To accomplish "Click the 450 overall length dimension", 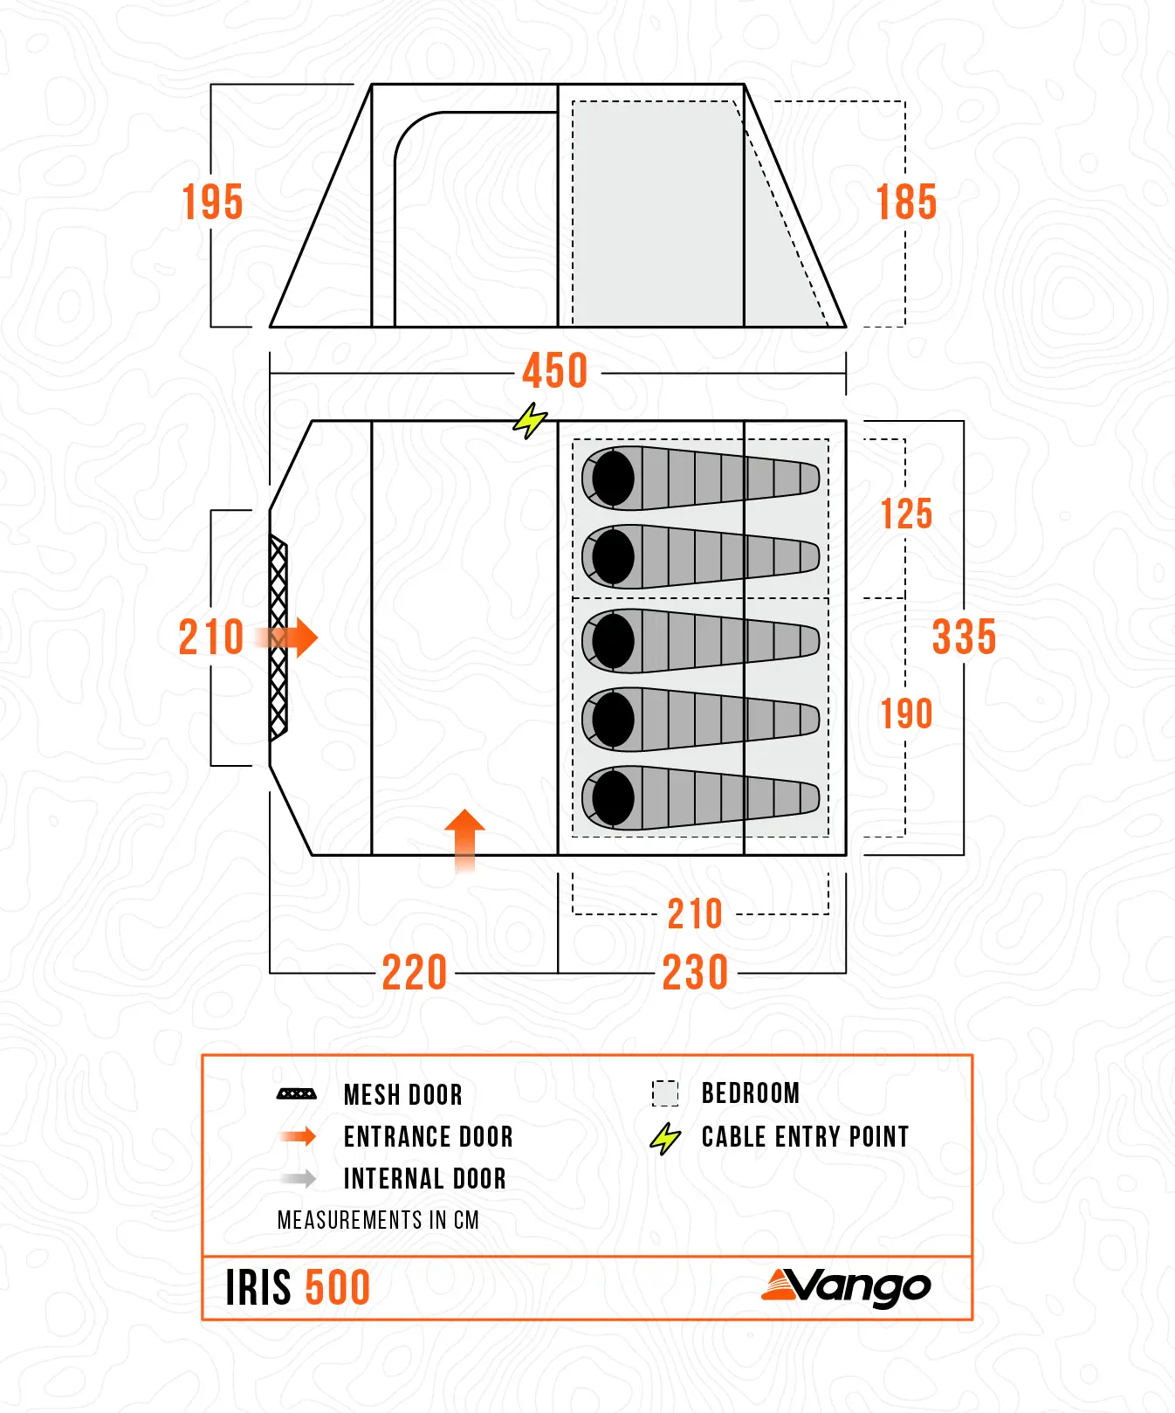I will [555, 371].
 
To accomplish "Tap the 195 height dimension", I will [212, 203].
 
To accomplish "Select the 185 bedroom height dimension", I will [906, 203].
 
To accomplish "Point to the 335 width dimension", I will [964, 637].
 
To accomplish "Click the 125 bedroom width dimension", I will [906, 514].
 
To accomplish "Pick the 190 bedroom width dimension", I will [906, 714].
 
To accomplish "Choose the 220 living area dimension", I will [415, 972].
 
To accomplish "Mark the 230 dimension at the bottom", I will [695, 972].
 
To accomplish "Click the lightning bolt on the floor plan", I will [529, 421].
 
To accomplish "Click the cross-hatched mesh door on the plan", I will [278, 638].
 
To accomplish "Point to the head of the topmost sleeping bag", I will [613, 478].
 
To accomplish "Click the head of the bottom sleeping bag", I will [613, 797].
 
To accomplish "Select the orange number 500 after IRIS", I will [338, 1288].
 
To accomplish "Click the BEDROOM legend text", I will [750, 1093].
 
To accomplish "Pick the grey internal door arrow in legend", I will [299, 1179].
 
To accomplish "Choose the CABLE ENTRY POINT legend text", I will [805, 1137].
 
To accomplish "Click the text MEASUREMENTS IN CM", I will [378, 1220].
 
